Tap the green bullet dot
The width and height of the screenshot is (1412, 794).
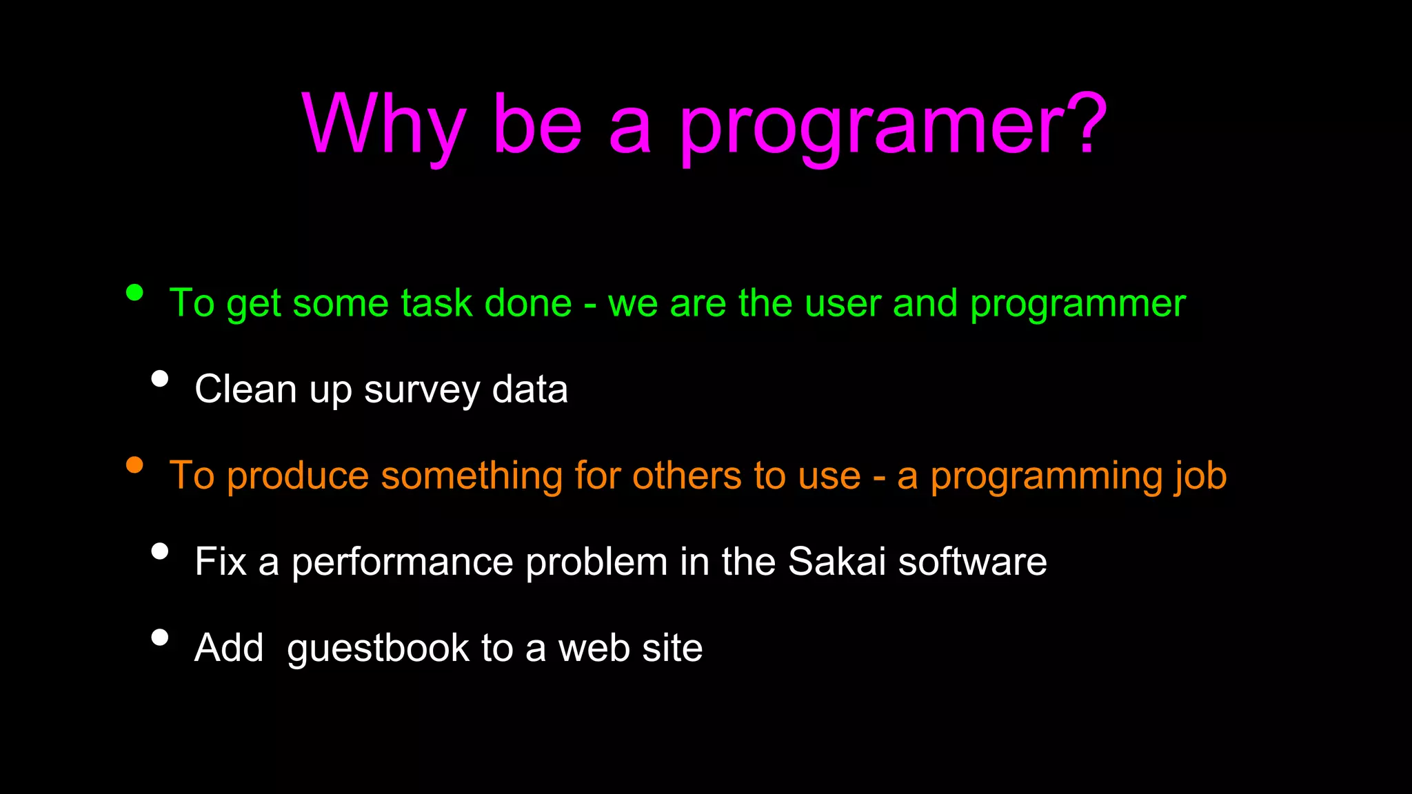coord(134,293)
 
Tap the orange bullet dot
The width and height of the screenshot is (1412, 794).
coord(134,465)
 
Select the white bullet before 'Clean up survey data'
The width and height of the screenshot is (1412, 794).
coord(160,378)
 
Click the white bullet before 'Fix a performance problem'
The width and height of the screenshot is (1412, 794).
coord(160,551)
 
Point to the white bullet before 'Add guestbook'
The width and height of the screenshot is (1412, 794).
coord(160,637)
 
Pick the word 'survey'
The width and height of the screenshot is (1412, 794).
coord(422,391)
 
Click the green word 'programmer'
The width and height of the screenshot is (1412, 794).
coord(1078,304)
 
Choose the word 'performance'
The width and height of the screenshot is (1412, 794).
coord(402,562)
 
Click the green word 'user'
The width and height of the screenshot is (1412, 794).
coord(843,304)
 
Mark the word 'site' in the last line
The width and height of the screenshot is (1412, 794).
coord(672,648)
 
